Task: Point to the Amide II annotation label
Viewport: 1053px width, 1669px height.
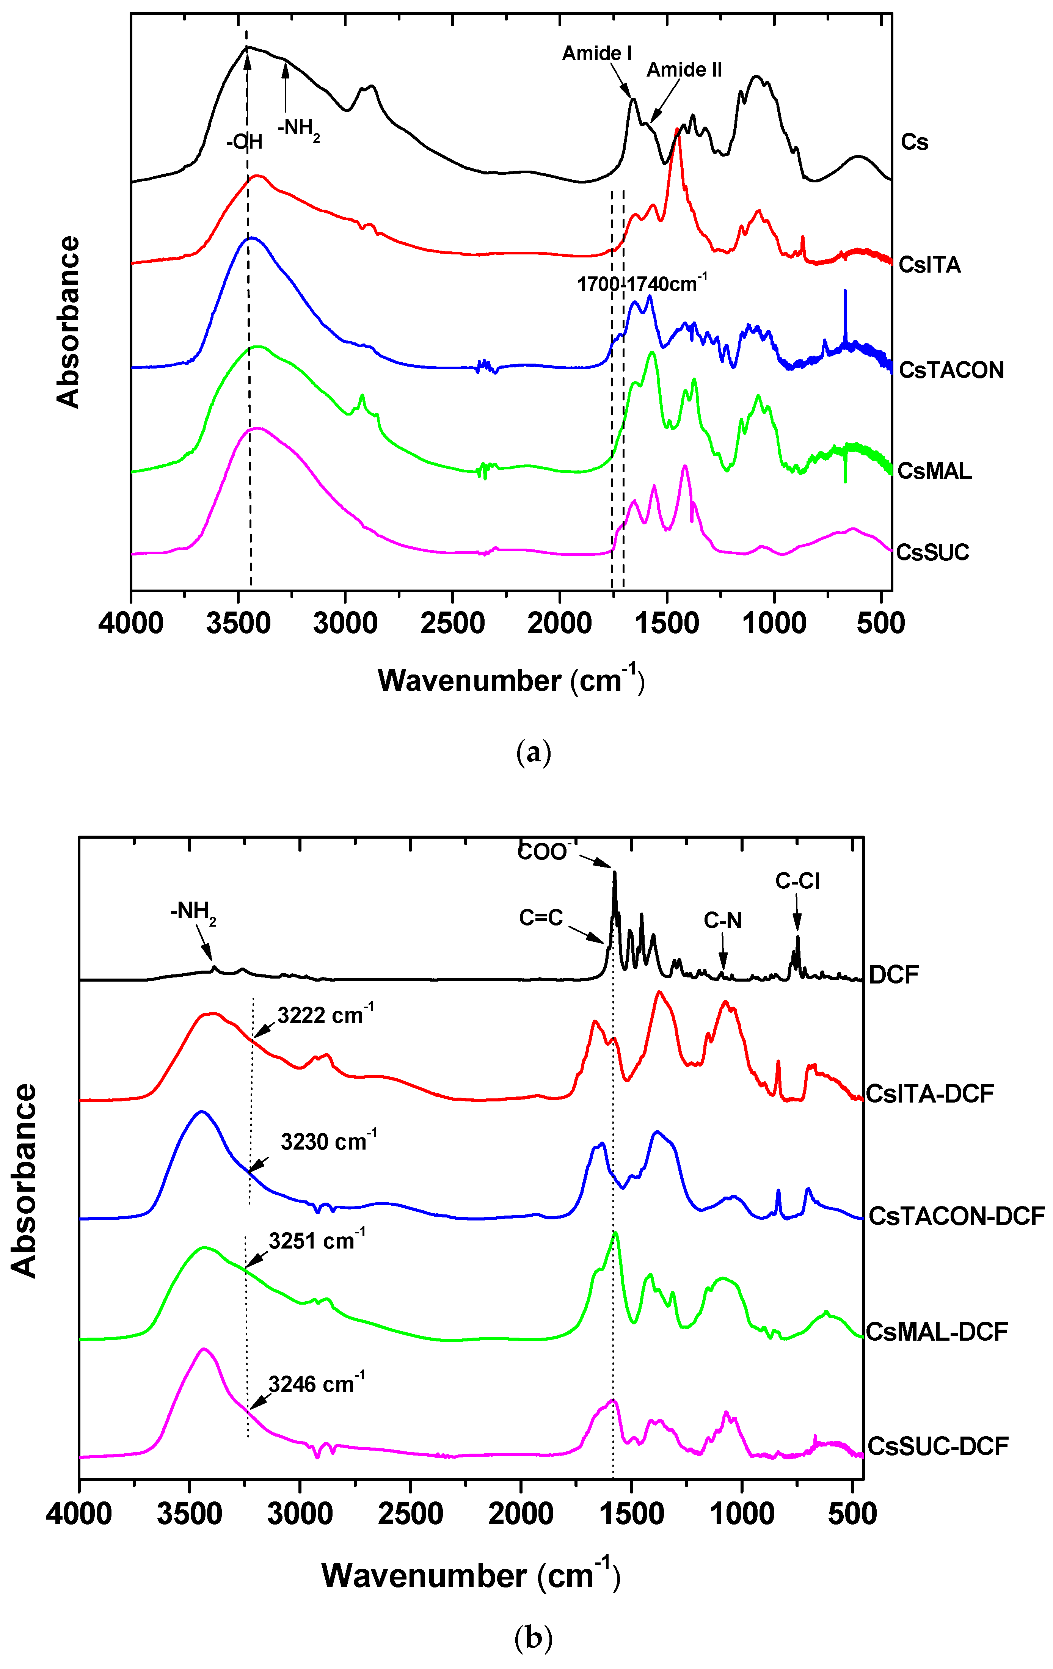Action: point(684,70)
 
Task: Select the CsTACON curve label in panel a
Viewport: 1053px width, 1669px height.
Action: point(951,370)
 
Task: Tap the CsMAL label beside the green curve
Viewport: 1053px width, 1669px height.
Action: point(934,471)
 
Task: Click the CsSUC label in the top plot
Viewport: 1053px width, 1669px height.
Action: point(932,552)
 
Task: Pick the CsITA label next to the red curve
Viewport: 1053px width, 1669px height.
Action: point(929,265)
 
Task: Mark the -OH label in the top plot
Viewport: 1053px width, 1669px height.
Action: point(244,142)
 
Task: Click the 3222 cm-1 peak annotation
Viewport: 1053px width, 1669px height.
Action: point(325,1015)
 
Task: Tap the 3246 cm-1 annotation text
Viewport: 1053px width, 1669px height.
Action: point(316,1384)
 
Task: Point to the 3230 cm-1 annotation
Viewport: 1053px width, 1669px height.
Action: point(329,1142)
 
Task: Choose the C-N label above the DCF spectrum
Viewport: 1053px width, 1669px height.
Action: point(722,921)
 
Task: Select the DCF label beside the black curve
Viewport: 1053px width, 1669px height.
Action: point(894,975)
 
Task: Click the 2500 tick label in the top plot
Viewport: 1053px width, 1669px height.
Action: point(452,624)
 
